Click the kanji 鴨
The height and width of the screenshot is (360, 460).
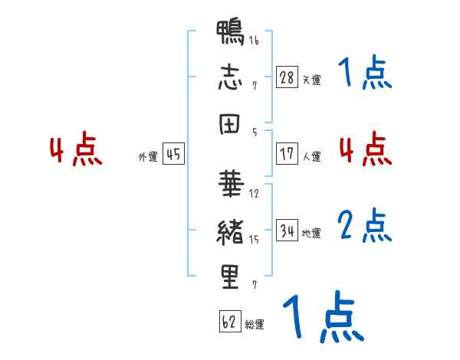point(230,32)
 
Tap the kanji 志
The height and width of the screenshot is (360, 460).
point(230,77)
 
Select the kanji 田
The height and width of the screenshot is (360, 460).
point(230,124)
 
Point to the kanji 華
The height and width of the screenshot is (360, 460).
point(231,184)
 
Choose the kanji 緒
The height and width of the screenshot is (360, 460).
point(230,232)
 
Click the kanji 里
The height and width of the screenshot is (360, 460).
point(230,277)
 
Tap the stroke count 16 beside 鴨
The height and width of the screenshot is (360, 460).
point(254,40)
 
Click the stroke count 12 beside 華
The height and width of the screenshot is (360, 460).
point(254,194)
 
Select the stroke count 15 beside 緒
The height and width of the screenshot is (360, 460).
point(254,240)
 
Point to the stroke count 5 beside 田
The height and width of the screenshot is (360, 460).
point(255,133)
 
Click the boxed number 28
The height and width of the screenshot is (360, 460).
point(287,77)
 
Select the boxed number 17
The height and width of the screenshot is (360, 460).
point(287,154)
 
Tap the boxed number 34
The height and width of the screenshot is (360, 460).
point(287,230)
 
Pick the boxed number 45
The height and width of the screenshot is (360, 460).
point(173,154)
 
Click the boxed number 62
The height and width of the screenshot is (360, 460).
point(230,321)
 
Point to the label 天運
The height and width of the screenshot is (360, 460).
point(311,80)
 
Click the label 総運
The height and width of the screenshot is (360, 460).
point(255,324)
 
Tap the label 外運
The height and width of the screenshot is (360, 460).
point(148,157)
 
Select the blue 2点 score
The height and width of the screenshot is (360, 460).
point(365,226)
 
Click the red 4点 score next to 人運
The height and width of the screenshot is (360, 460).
point(366,149)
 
